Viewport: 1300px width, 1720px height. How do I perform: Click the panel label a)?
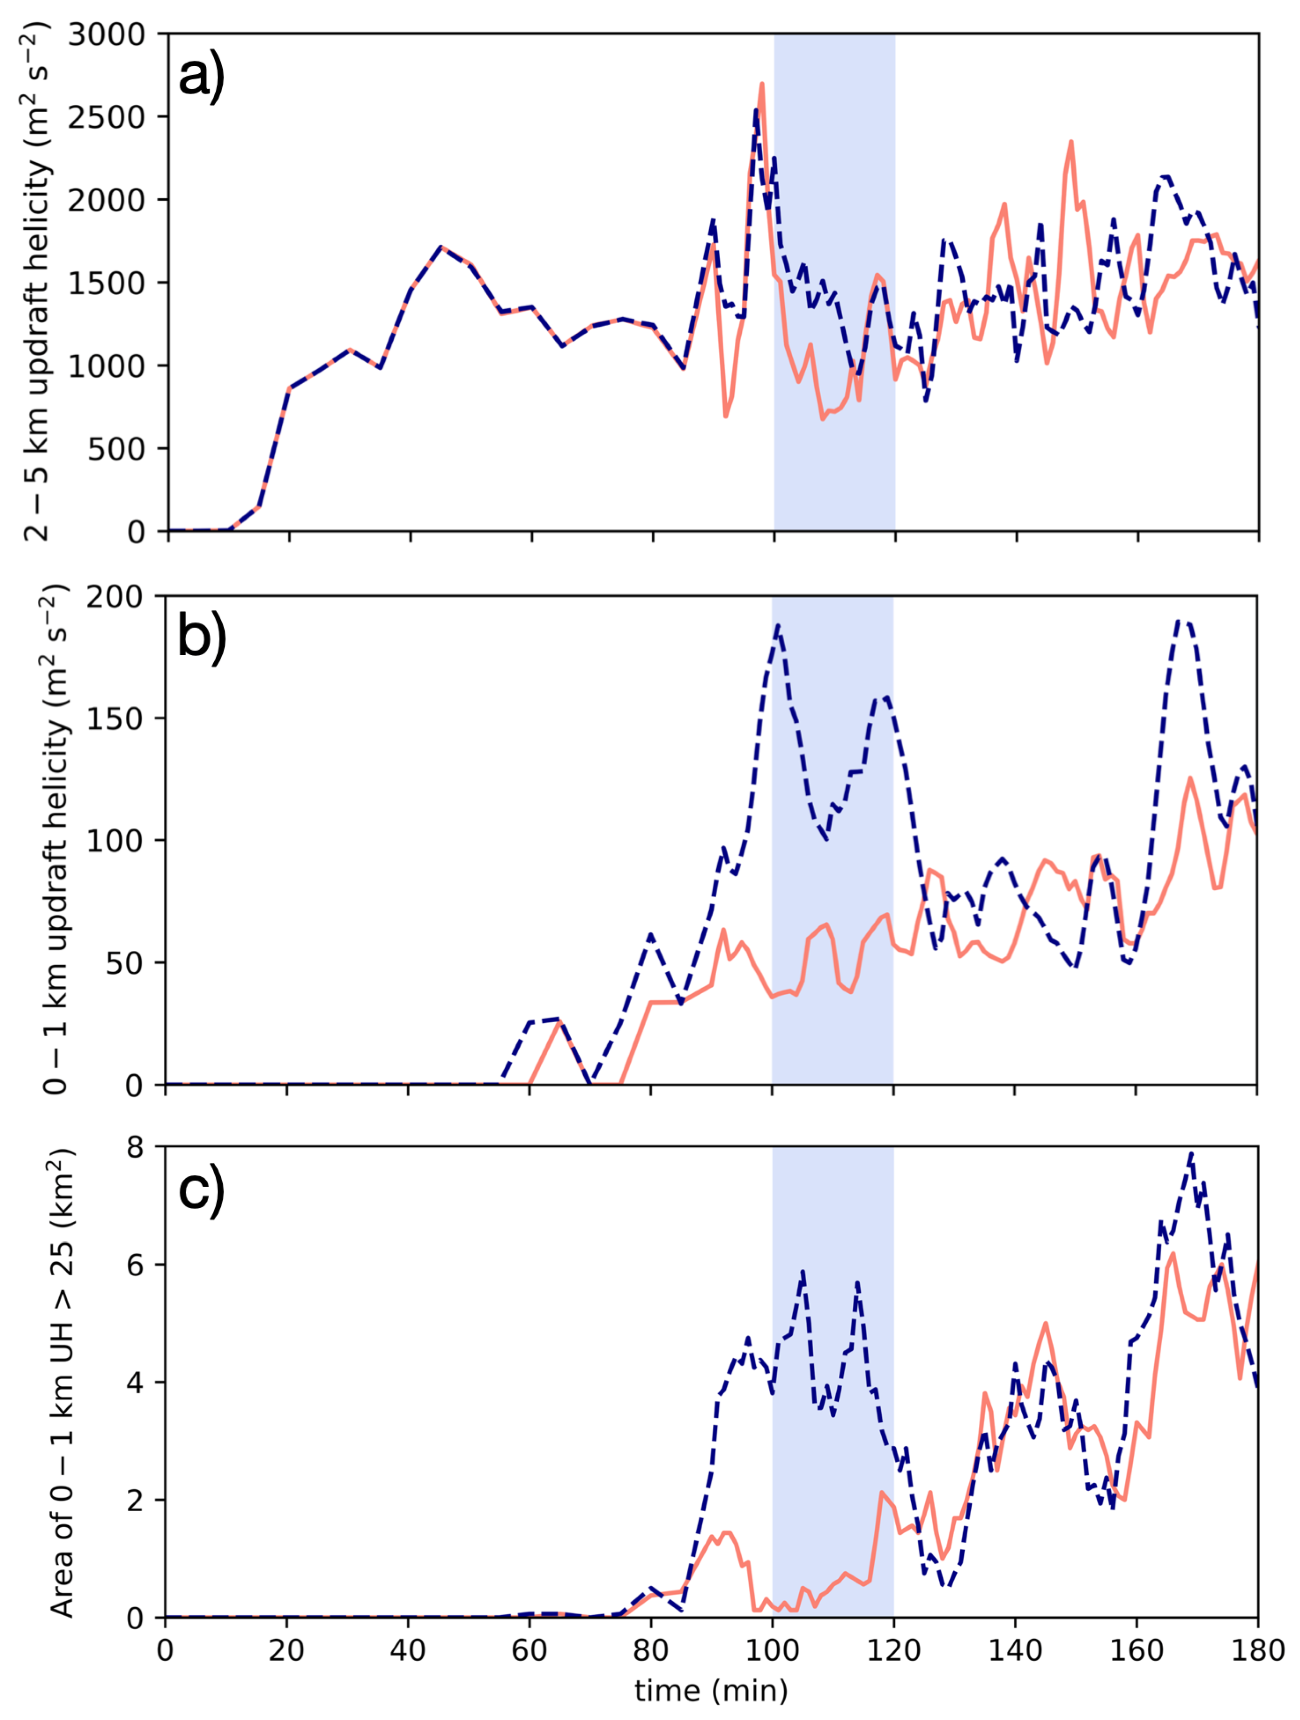click(201, 78)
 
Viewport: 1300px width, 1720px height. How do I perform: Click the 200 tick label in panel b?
click(115, 597)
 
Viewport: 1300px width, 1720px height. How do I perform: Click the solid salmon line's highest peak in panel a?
click(761, 83)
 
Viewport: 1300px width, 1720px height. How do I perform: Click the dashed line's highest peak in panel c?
click(1190, 1155)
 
